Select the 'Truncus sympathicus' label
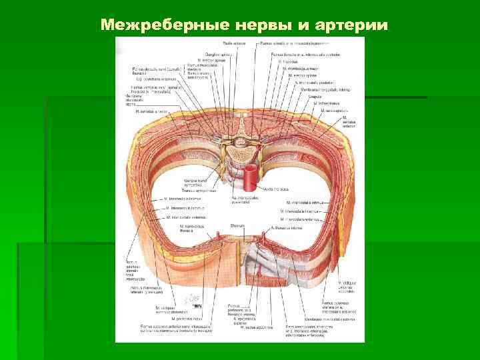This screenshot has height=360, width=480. point(200,191)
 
